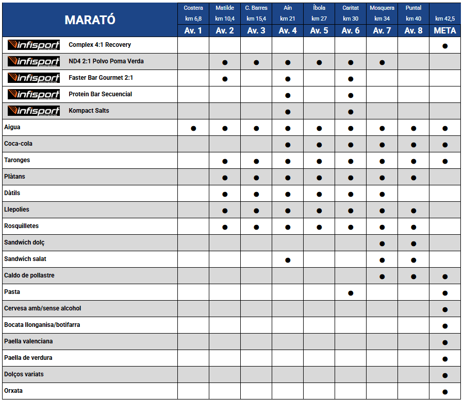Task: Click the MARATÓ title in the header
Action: [90, 20]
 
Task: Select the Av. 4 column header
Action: [288, 30]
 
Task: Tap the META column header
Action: [445, 30]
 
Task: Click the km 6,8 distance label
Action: [193, 19]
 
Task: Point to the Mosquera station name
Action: [382, 8]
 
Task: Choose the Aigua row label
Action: [12, 127]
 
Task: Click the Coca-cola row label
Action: [18, 144]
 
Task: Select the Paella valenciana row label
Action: [28, 341]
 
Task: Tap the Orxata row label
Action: [13, 391]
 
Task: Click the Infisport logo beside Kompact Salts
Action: [34, 111]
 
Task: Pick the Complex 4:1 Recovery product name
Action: [100, 45]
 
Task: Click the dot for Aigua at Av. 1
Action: [193, 128]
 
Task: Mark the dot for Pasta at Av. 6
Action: [351, 293]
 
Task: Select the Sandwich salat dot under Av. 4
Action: [288, 260]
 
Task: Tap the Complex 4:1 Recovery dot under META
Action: [445, 46]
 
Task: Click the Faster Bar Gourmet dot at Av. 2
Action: [225, 79]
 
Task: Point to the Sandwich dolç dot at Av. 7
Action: [382, 244]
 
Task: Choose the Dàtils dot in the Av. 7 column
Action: [382, 194]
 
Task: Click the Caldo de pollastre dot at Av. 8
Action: [413, 276]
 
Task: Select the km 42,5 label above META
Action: [445, 19]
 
